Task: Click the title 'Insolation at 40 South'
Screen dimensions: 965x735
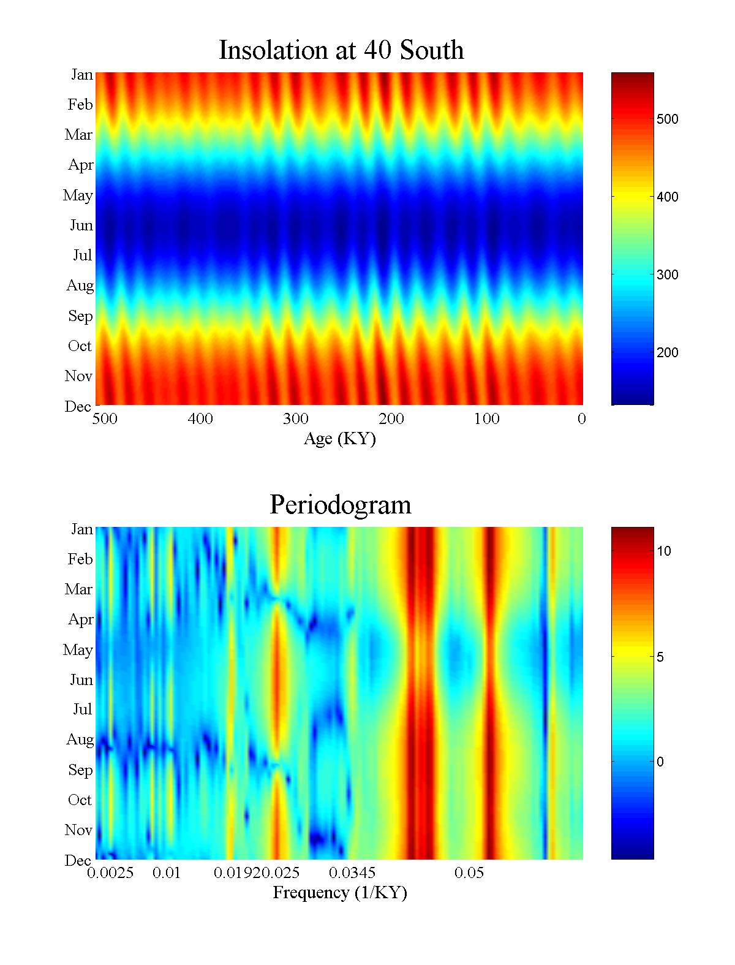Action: [341, 50]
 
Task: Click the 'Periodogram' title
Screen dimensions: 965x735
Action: [341, 505]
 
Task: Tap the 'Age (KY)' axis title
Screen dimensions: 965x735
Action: [339, 439]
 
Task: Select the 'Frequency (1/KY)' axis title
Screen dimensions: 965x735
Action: [340, 893]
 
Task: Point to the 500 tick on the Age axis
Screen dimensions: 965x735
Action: [105, 419]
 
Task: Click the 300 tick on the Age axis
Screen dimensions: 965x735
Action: [296, 419]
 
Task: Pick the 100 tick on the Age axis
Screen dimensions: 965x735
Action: [487, 419]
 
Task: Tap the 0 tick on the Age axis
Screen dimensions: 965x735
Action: [582, 419]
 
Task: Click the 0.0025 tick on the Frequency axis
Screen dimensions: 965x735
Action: [110, 873]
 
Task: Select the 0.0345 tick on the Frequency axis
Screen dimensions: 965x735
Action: [352, 873]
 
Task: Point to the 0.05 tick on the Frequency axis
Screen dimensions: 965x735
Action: [469, 873]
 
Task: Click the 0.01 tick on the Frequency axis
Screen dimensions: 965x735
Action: [167, 873]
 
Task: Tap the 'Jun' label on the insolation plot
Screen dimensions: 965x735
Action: [81, 225]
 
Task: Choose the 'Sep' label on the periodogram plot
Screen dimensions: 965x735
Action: [80, 770]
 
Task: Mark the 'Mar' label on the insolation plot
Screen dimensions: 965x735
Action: [79, 135]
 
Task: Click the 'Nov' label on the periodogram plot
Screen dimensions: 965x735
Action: [79, 830]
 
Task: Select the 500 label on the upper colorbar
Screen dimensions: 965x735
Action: [668, 119]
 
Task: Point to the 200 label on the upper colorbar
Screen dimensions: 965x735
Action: [668, 353]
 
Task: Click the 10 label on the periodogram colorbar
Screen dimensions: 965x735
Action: [664, 551]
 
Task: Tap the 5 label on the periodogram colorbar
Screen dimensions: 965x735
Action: [660, 657]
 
